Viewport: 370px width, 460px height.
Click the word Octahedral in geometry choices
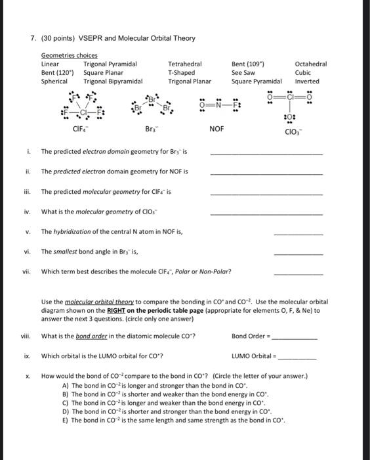tap(310, 64)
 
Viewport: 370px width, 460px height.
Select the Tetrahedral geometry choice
tap(184, 64)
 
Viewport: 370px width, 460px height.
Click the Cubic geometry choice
tap(302, 73)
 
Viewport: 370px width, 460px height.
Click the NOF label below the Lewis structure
tap(216, 128)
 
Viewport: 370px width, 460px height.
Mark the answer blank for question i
tap(266, 153)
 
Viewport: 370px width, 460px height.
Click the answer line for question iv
tap(266, 214)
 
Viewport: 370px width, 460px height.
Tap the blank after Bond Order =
tap(295, 338)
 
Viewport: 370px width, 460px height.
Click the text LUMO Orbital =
tap(251, 357)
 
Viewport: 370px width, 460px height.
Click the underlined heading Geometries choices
tap(69, 56)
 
